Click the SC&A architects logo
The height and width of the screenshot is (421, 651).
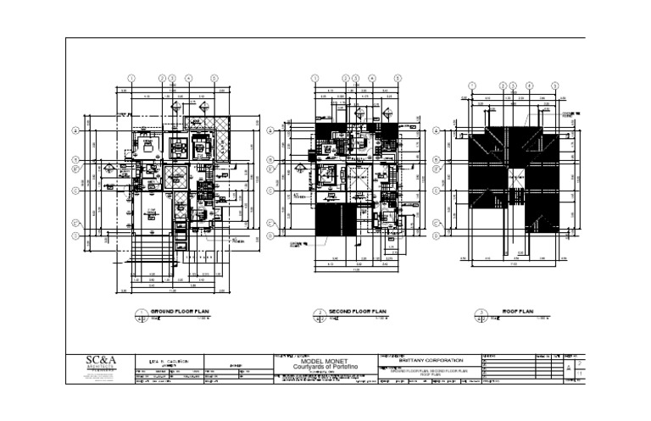point(101,363)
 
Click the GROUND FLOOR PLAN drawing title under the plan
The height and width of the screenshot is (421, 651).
point(179,313)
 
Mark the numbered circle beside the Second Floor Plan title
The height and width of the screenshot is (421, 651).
point(320,314)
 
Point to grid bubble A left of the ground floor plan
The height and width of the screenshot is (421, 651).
point(75,130)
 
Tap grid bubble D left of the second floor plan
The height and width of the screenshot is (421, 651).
point(270,224)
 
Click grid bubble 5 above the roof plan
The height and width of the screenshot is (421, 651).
point(555,85)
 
